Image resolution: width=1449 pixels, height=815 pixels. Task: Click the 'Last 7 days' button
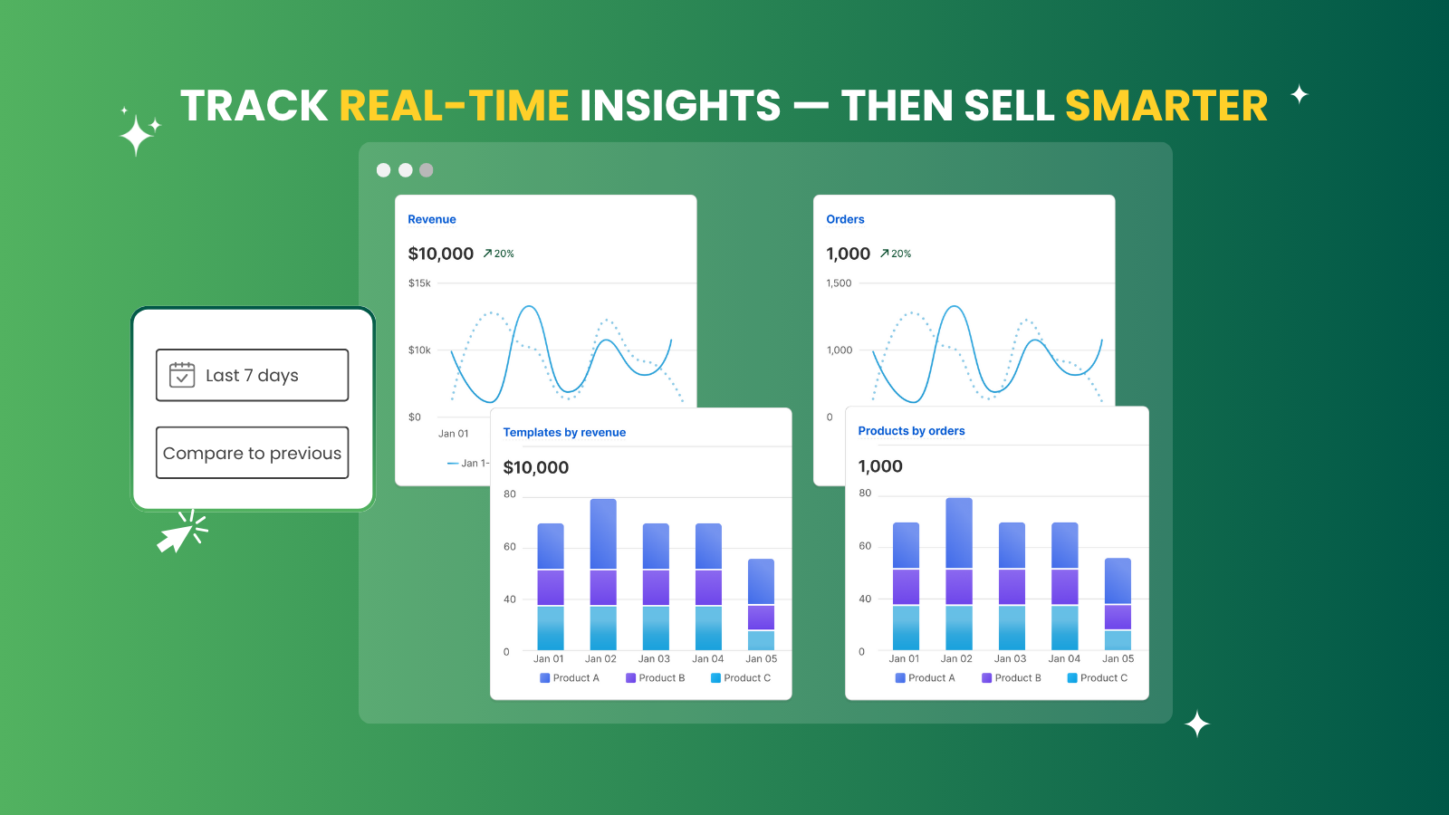tap(253, 375)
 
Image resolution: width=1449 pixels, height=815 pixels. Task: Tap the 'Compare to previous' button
tap(253, 453)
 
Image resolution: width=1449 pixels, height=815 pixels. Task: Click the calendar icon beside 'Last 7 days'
tap(182, 375)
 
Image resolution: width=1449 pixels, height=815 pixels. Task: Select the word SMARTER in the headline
tap(1166, 105)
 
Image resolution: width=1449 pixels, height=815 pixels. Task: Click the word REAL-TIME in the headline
tap(454, 105)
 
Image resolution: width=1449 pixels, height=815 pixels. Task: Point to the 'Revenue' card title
tap(431, 219)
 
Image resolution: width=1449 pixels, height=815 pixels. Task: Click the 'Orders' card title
tap(845, 219)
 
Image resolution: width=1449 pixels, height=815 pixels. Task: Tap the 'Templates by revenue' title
tap(564, 432)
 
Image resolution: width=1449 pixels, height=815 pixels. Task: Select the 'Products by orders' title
tap(911, 431)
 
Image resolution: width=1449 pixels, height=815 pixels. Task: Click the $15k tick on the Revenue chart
tap(419, 283)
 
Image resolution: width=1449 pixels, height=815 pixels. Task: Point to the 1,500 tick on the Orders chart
tap(839, 283)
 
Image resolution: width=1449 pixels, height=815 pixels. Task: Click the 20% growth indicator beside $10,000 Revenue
tap(498, 254)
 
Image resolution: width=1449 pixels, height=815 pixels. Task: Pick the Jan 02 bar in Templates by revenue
tap(603, 574)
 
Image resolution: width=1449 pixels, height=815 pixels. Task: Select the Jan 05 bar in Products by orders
tap(1118, 604)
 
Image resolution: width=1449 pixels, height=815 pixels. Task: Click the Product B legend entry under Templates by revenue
tap(656, 678)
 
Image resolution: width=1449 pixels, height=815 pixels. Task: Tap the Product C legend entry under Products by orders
tap(1097, 678)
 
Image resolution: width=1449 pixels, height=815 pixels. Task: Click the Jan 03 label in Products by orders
tap(1010, 658)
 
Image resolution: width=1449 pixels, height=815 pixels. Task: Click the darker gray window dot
tap(427, 170)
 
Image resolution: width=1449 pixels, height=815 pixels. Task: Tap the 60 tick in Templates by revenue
tap(510, 547)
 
